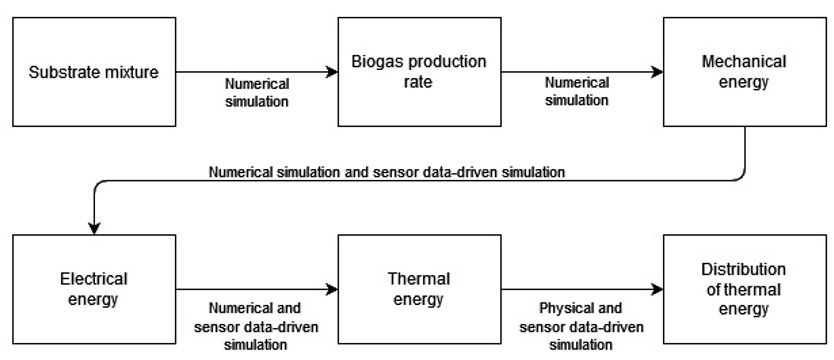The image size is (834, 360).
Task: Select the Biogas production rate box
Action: coord(419,72)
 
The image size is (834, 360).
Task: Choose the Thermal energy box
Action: coord(419,288)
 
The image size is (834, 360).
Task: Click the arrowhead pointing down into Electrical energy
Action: coord(92,225)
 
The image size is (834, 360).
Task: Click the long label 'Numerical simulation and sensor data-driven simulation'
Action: coord(387,172)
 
